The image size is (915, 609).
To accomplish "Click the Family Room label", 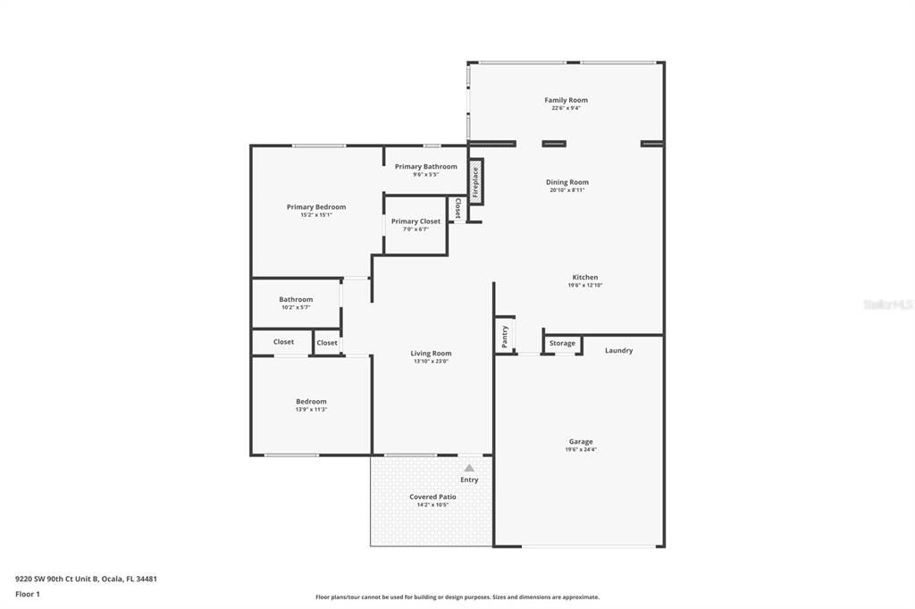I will (566, 100).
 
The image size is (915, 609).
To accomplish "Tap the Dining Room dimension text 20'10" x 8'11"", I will (567, 190).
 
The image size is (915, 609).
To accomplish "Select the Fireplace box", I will (476, 181).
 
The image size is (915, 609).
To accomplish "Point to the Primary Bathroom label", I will (425, 166).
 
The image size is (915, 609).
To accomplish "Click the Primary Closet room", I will (416, 224).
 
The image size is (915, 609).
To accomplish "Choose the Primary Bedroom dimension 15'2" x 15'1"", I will (315, 214).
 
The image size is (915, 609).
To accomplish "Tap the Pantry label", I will (505, 336).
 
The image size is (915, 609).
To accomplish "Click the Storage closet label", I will (562, 343).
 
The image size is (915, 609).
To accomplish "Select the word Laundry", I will (618, 350).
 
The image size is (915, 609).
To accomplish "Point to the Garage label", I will (581, 441).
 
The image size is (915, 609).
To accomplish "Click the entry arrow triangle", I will (469, 468).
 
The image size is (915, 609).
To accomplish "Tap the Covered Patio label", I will (432, 496).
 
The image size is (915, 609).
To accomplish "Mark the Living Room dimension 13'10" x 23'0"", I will (431, 361).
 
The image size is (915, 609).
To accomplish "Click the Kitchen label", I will (585, 277).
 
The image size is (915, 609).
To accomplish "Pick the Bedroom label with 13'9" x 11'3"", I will (311, 401).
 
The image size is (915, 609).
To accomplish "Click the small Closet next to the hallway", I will (327, 342).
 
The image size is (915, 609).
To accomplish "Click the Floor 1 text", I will (28, 594).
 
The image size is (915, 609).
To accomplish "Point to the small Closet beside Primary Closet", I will (457, 208).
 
